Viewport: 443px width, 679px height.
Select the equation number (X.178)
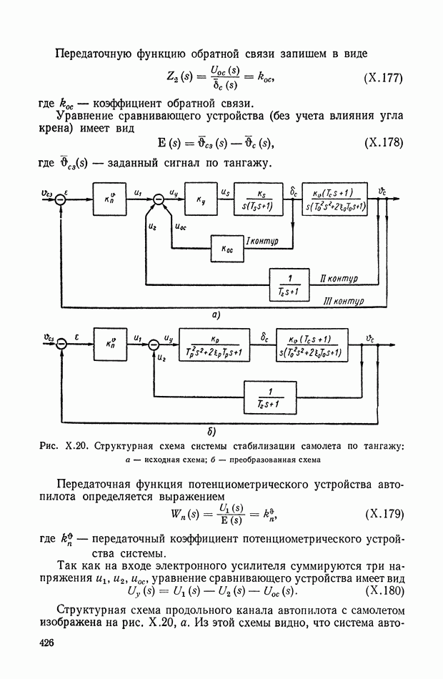coord(383,143)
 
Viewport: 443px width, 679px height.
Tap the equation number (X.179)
coord(383,514)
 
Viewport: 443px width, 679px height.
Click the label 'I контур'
coord(262,241)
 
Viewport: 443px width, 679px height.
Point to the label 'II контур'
coord(339,277)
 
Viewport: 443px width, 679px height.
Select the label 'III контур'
coord(344,301)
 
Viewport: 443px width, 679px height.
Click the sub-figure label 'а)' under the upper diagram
coord(214,314)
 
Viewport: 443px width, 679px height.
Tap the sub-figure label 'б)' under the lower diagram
coord(212,431)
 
